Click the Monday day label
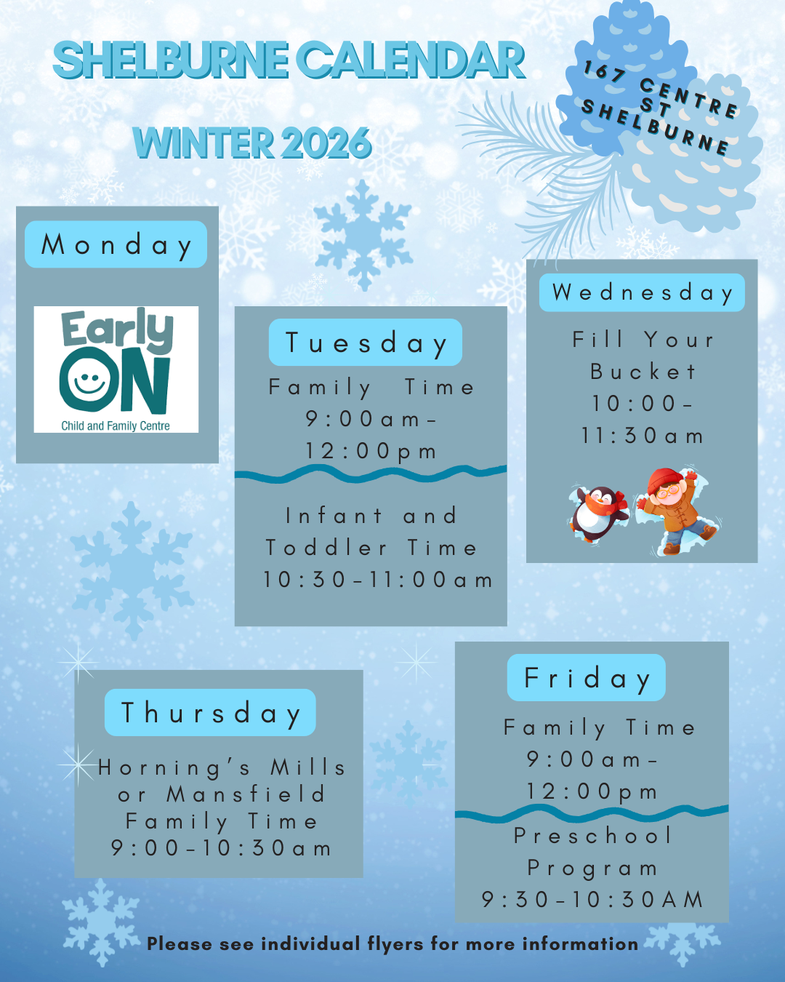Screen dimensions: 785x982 coord(116,244)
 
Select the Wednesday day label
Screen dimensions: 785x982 coord(642,292)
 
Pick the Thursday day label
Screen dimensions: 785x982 coord(210,712)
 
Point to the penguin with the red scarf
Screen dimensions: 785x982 coord(600,513)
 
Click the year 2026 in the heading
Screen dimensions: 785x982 coord(326,143)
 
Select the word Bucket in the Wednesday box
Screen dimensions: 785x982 coord(643,372)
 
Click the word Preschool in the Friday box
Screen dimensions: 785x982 coord(592,836)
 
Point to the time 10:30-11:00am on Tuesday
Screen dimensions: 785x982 coord(378,580)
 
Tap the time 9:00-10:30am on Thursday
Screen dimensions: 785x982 coord(221,848)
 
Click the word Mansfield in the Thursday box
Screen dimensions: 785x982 coord(246,794)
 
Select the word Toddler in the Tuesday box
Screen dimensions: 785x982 coord(326,548)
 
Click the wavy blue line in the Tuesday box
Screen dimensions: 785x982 coord(371,474)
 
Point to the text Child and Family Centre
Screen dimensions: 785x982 coord(116,426)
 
